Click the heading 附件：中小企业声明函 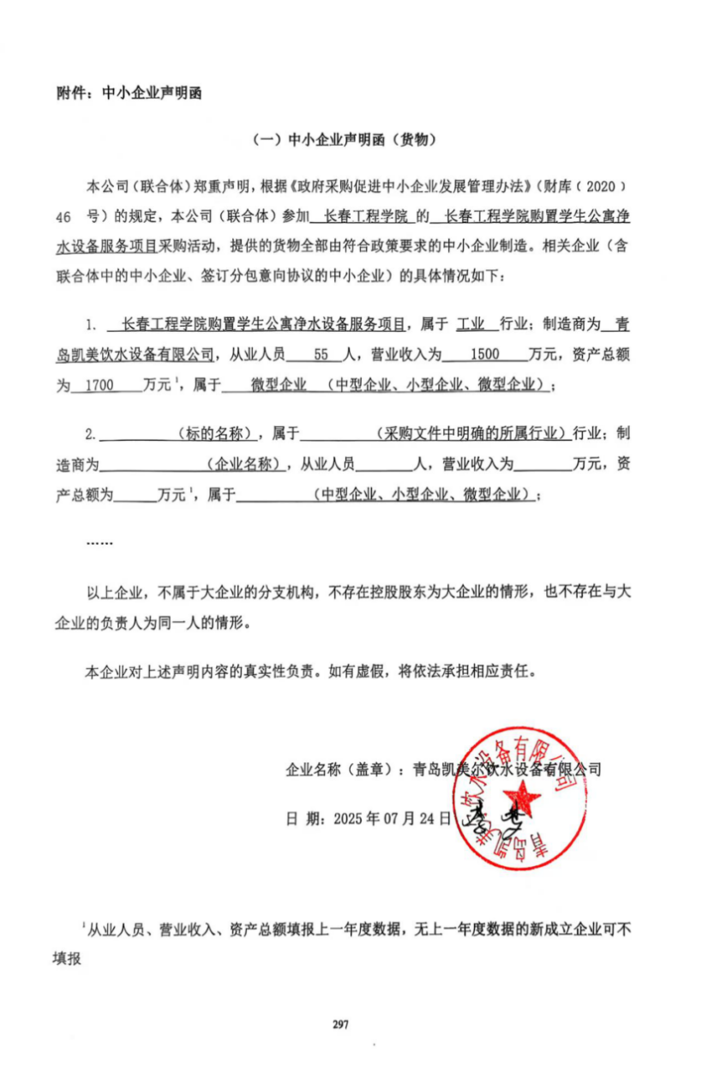point(129,93)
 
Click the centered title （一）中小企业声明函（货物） point(351,140)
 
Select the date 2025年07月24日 point(393,818)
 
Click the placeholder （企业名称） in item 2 point(245,465)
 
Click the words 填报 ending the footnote point(68,959)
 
